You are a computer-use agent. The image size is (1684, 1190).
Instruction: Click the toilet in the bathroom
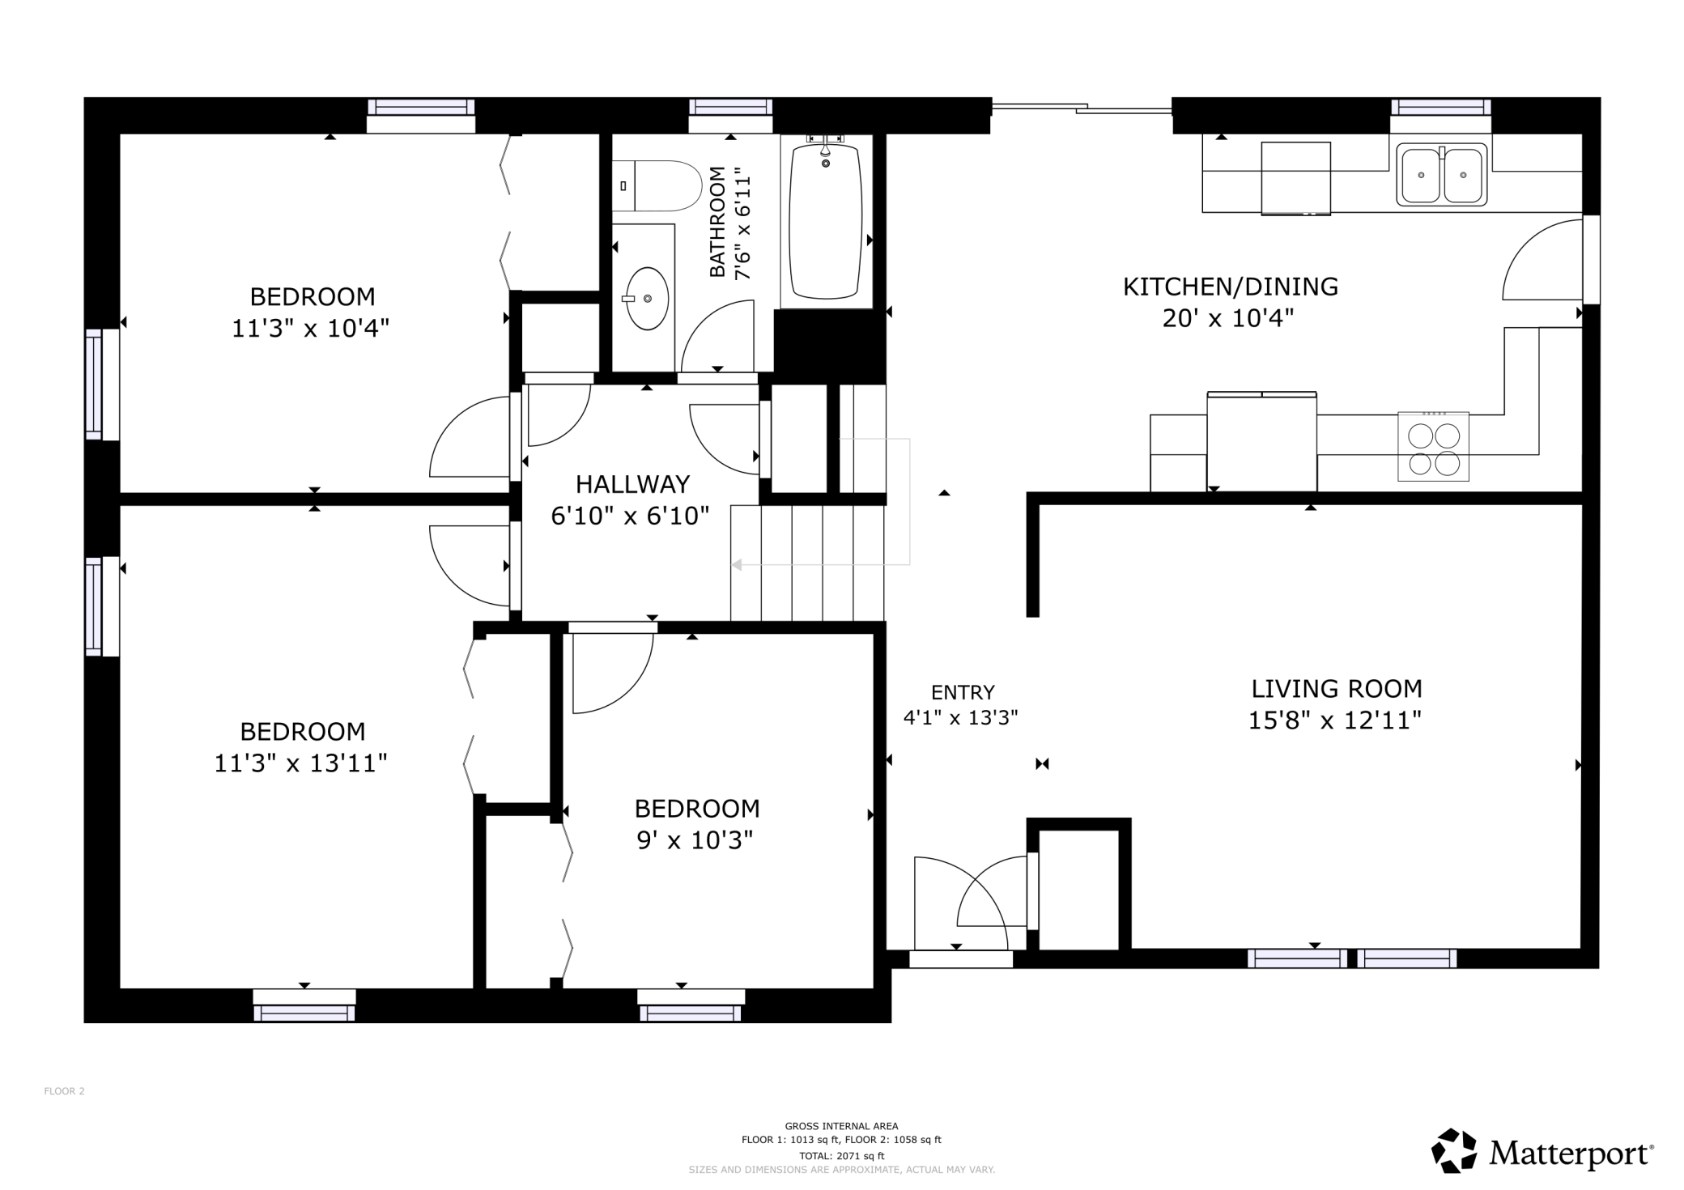tap(657, 185)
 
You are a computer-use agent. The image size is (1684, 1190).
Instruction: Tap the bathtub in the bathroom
tap(826, 221)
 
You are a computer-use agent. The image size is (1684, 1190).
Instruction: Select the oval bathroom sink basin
tap(648, 299)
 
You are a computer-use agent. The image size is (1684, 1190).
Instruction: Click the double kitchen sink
tap(1441, 174)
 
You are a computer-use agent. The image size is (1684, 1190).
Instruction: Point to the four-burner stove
tap(1433, 447)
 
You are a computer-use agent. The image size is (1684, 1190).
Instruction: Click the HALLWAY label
tap(632, 484)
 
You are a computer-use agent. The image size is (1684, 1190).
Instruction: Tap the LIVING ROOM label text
tap(1337, 689)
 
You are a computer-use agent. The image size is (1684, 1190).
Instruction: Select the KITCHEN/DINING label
tap(1230, 287)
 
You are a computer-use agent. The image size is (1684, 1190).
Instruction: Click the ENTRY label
tap(963, 692)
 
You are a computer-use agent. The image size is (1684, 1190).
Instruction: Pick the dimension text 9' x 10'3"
tap(695, 840)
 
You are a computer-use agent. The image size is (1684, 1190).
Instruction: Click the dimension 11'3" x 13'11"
tap(300, 763)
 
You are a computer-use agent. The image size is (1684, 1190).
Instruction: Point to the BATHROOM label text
tap(717, 222)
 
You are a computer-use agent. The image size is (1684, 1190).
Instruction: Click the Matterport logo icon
tap(1454, 1150)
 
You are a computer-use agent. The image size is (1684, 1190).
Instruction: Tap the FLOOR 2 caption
tap(64, 1091)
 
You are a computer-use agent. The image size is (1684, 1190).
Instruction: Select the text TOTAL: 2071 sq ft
tap(841, 1156)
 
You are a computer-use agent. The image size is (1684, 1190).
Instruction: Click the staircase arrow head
tap(737, 565)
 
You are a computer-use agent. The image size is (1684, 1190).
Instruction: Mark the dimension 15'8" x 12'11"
tap(1334, 720)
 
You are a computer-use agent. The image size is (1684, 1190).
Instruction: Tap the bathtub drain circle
tap(826, 164)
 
